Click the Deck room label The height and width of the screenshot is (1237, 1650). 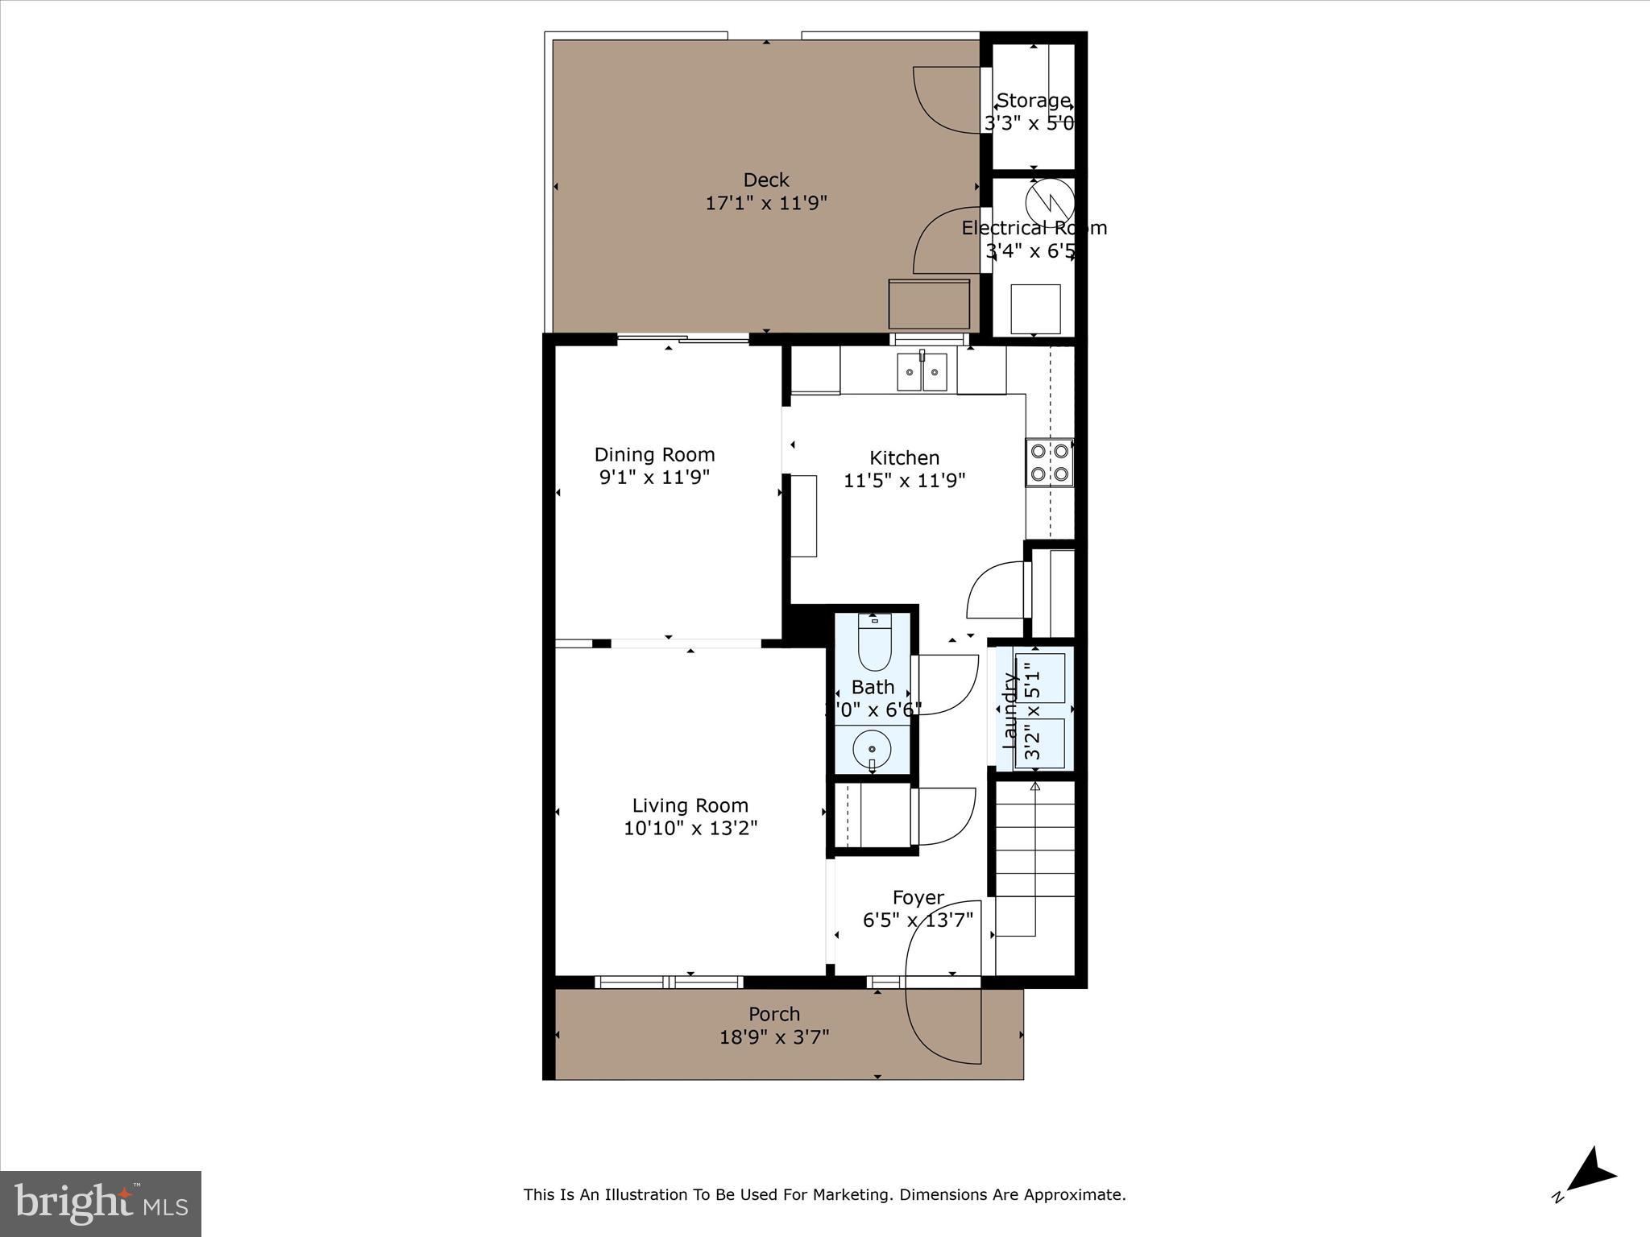[765, 180]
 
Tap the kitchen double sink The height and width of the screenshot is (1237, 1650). [922, 373]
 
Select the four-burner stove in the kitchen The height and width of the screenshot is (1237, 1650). [1049, 463]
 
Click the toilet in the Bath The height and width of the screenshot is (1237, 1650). [873, 643]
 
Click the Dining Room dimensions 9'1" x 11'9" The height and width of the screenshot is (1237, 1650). [654, 478]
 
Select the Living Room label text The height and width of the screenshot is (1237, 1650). [690, 805]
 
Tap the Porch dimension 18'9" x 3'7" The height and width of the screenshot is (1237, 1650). [774, 1037]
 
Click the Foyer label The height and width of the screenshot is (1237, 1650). [918, 897]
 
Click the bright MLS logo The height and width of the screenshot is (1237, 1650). [101, 1203]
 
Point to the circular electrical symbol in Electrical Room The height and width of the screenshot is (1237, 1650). [1049, 200]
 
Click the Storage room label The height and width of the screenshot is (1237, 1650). [1033, 101]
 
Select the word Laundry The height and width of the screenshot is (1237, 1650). [1009, 710]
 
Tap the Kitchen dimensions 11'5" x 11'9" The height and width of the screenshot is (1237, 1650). [904, 481]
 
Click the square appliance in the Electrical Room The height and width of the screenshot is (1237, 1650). [1035, 308]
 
